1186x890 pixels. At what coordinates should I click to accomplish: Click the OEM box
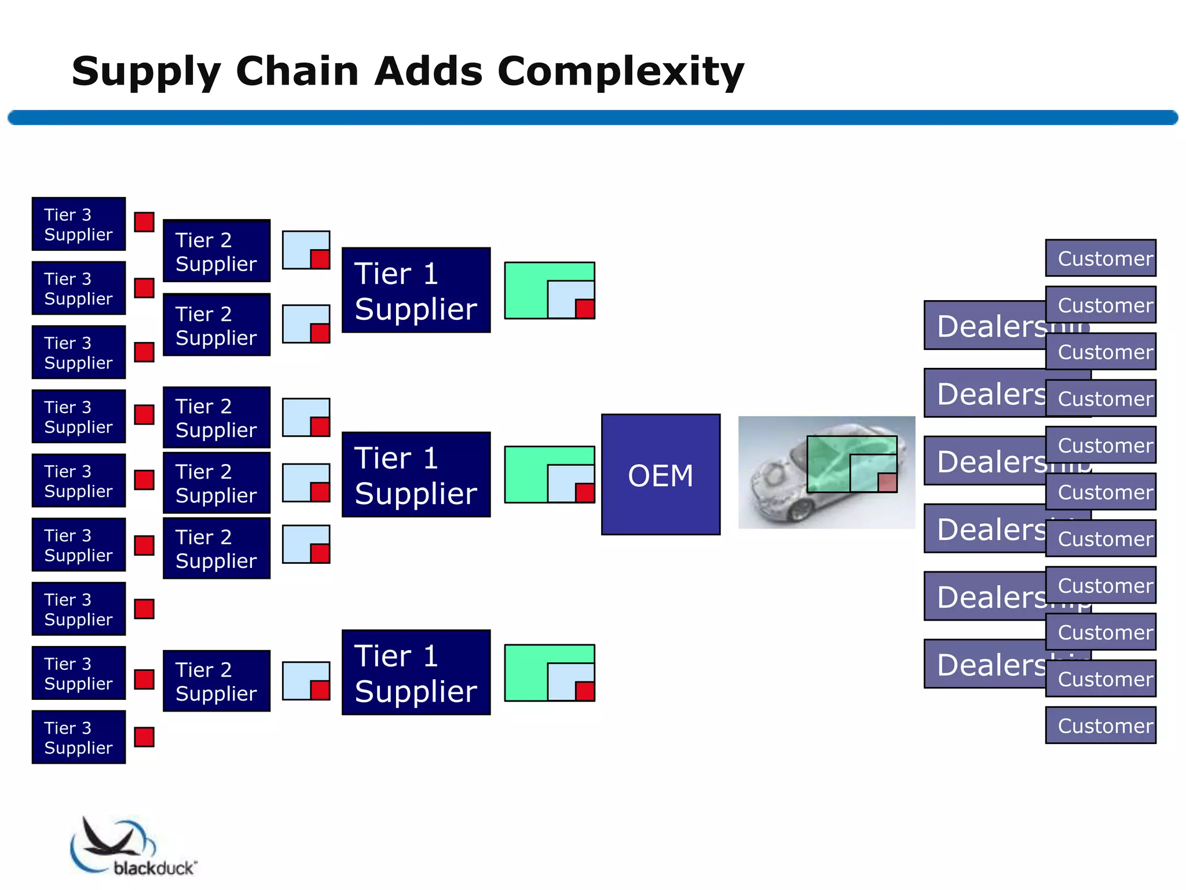click(660, 474)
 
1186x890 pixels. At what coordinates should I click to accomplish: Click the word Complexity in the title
click(620, 72)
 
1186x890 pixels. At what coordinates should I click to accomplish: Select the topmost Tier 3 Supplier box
click(78, 224)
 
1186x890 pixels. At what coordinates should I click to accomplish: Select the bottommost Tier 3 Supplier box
click(78, 737)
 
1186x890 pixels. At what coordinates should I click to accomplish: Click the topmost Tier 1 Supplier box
click(416, 290)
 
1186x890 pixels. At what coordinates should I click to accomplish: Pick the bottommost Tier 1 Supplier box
click(416, 673)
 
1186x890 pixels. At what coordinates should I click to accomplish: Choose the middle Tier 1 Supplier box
click(416, 475)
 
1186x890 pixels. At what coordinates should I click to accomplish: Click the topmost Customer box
click(1100, 258)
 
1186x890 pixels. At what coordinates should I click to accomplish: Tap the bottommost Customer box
click(1100, 725)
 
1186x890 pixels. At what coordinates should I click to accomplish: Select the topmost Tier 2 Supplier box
click(217, 251)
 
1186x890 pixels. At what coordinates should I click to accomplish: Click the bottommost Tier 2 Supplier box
click(217, 681)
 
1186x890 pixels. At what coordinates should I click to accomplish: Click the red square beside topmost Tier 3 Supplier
click(144, 222)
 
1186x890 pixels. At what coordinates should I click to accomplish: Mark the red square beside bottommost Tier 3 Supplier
click(144, 737)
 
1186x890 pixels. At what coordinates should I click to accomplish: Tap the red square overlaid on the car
click(887, 482)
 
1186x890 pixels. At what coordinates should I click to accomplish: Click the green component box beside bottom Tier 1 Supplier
click(525, 673)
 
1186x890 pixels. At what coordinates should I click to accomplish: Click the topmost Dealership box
click(984, 326)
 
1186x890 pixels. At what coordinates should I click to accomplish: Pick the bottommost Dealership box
click(984, 664)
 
